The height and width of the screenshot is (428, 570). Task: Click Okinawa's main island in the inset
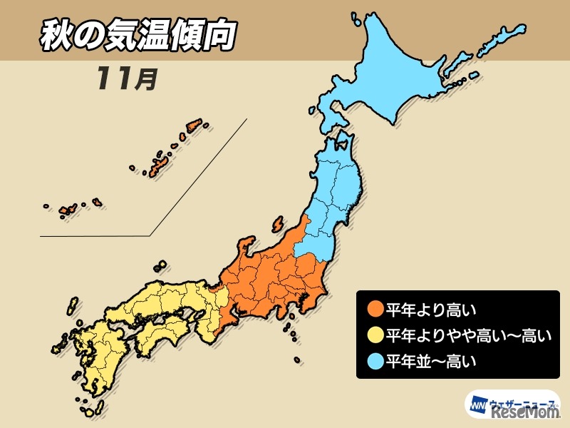(156, 168)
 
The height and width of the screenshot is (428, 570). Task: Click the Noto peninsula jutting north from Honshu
(245, 250)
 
